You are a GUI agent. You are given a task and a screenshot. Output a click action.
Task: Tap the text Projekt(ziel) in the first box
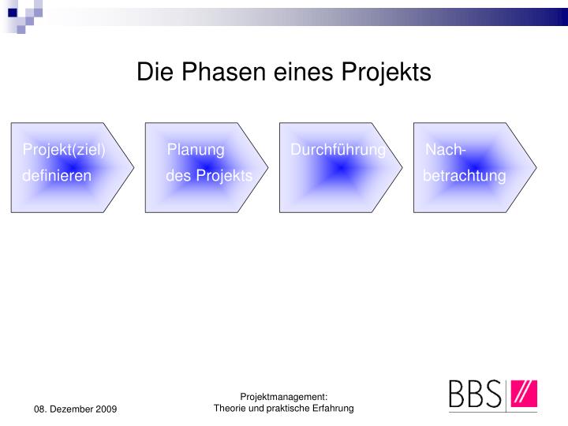[64, 150]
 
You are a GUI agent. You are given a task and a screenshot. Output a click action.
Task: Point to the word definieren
[57, 175]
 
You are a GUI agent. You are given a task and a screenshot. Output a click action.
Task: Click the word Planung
[196, 150]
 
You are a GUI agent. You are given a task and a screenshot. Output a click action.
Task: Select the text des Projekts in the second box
[209, 175]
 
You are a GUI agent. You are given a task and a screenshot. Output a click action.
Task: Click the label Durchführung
[338, 150]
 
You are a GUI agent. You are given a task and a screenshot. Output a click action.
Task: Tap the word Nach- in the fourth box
[446, 150]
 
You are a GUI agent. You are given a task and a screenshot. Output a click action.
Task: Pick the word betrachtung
[464, 175]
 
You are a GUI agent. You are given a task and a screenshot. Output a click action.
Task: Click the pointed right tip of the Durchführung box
[402, 168]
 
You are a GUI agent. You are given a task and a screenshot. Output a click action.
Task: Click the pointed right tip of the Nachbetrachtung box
[536, 168]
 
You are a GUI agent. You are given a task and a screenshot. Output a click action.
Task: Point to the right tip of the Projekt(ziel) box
[134, 168]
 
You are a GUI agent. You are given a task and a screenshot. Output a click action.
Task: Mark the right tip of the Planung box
[268, 168]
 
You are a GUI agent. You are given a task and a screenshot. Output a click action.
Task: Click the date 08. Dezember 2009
[75, 409]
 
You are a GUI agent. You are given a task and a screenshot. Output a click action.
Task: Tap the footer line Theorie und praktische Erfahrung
[284, 408]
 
